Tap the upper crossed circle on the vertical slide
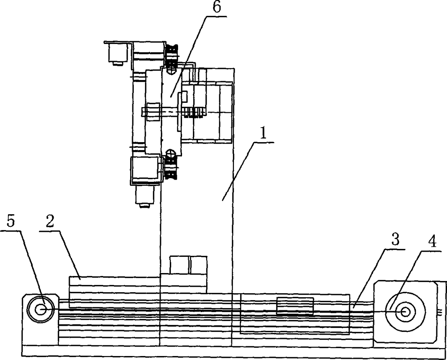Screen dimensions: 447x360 coord(172,71)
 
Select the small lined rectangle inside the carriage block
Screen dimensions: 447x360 coord(295,307)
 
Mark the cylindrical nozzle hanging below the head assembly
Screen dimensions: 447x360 coord(144,197)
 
